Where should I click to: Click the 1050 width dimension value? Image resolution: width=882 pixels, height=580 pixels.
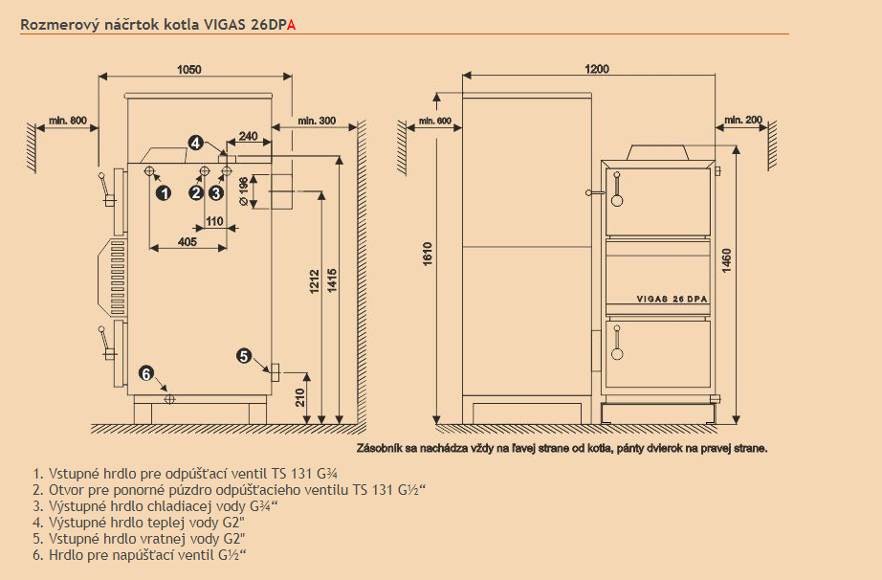(x=188, y=69)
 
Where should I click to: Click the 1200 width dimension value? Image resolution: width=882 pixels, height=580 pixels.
(x=597, y=69)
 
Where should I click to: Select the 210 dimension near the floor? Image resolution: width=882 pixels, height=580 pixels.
(x=299, y=396)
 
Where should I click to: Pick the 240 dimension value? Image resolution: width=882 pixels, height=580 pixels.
(x=248, y=137)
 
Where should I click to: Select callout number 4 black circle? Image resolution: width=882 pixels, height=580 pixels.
(x=195, y=143)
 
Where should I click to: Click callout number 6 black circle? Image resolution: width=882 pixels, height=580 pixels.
(x=146, y=373)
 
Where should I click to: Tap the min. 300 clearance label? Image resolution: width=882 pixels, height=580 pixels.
(x=317, y=121)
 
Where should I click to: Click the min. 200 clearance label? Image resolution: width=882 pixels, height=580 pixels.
(x=743, y=120)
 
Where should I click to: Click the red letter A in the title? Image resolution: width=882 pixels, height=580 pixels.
(x=292, y=25)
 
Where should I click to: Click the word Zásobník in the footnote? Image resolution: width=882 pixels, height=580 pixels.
(x=380, y=447)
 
